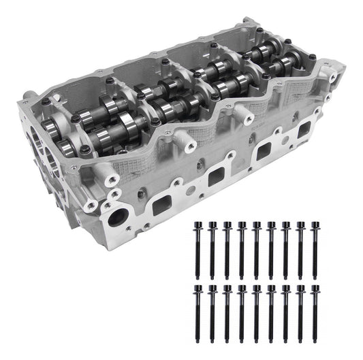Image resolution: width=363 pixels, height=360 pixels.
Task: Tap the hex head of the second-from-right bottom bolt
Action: pyautogui.click(x=300, y=289)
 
